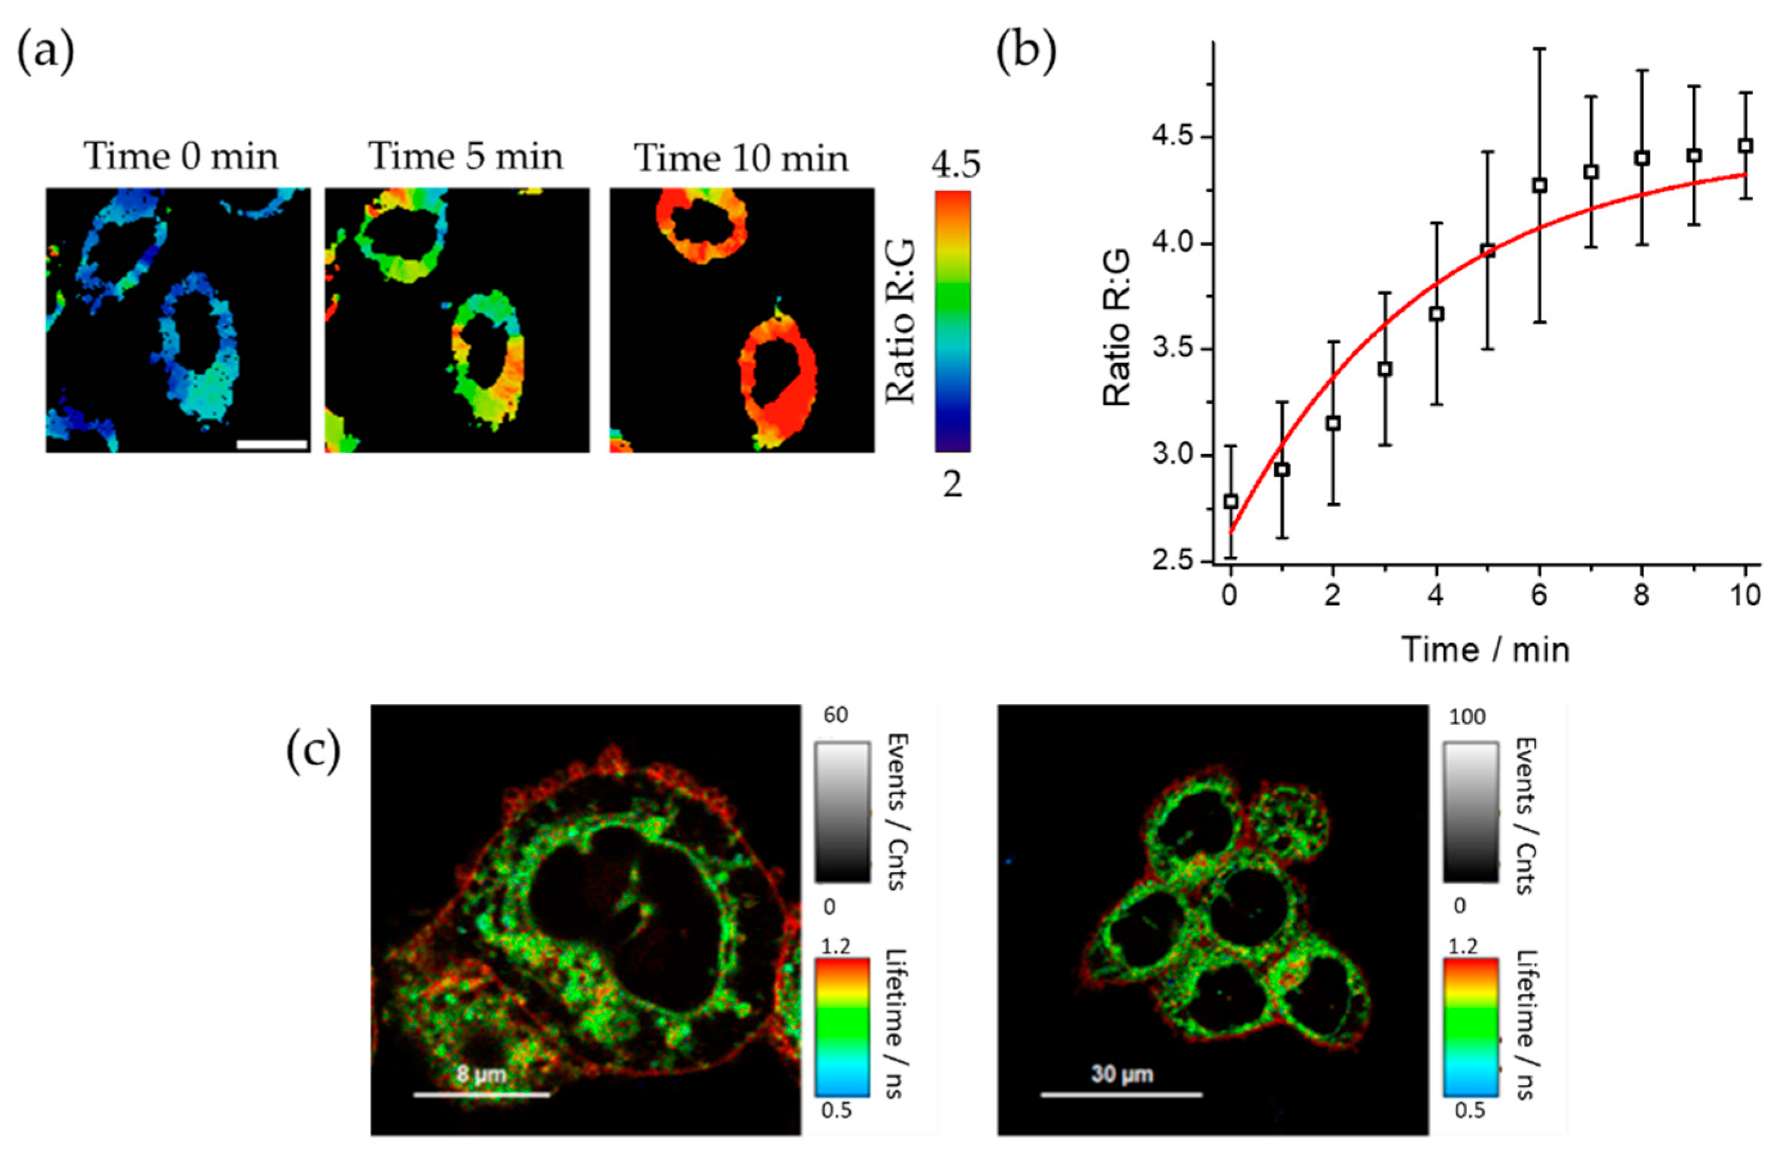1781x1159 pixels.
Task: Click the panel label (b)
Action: coord(1027,54)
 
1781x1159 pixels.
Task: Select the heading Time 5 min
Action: coord(466,157)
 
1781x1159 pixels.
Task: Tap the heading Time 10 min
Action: coord(741,159)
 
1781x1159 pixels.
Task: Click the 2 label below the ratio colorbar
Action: coord(952,485)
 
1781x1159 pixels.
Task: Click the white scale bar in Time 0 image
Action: coord(272,445)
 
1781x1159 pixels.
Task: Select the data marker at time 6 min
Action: coord(1539,185)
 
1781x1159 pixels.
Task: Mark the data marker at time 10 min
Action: coord(1745,146)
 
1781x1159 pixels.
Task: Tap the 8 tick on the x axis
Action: coord(1642,597)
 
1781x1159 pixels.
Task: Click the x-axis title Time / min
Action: coord(1485,649)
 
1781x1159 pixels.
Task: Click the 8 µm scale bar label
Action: coord(481,1075)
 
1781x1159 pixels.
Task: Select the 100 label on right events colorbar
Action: coord(1467,717)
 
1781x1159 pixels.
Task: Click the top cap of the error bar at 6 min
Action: coord(1539,48)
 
